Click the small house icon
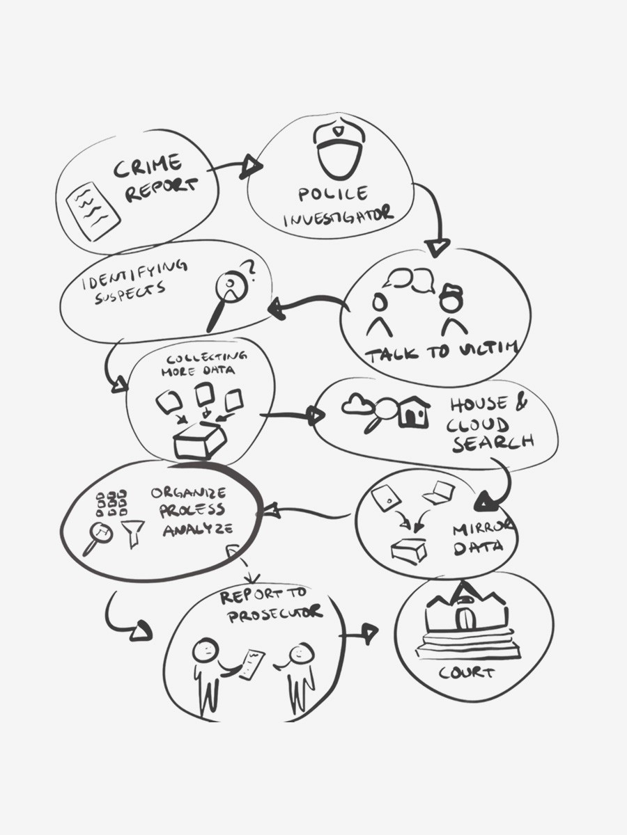[414, 413]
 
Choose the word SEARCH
[493, 442]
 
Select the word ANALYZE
[197, 530]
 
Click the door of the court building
[463, 619]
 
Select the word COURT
[466, 674]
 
